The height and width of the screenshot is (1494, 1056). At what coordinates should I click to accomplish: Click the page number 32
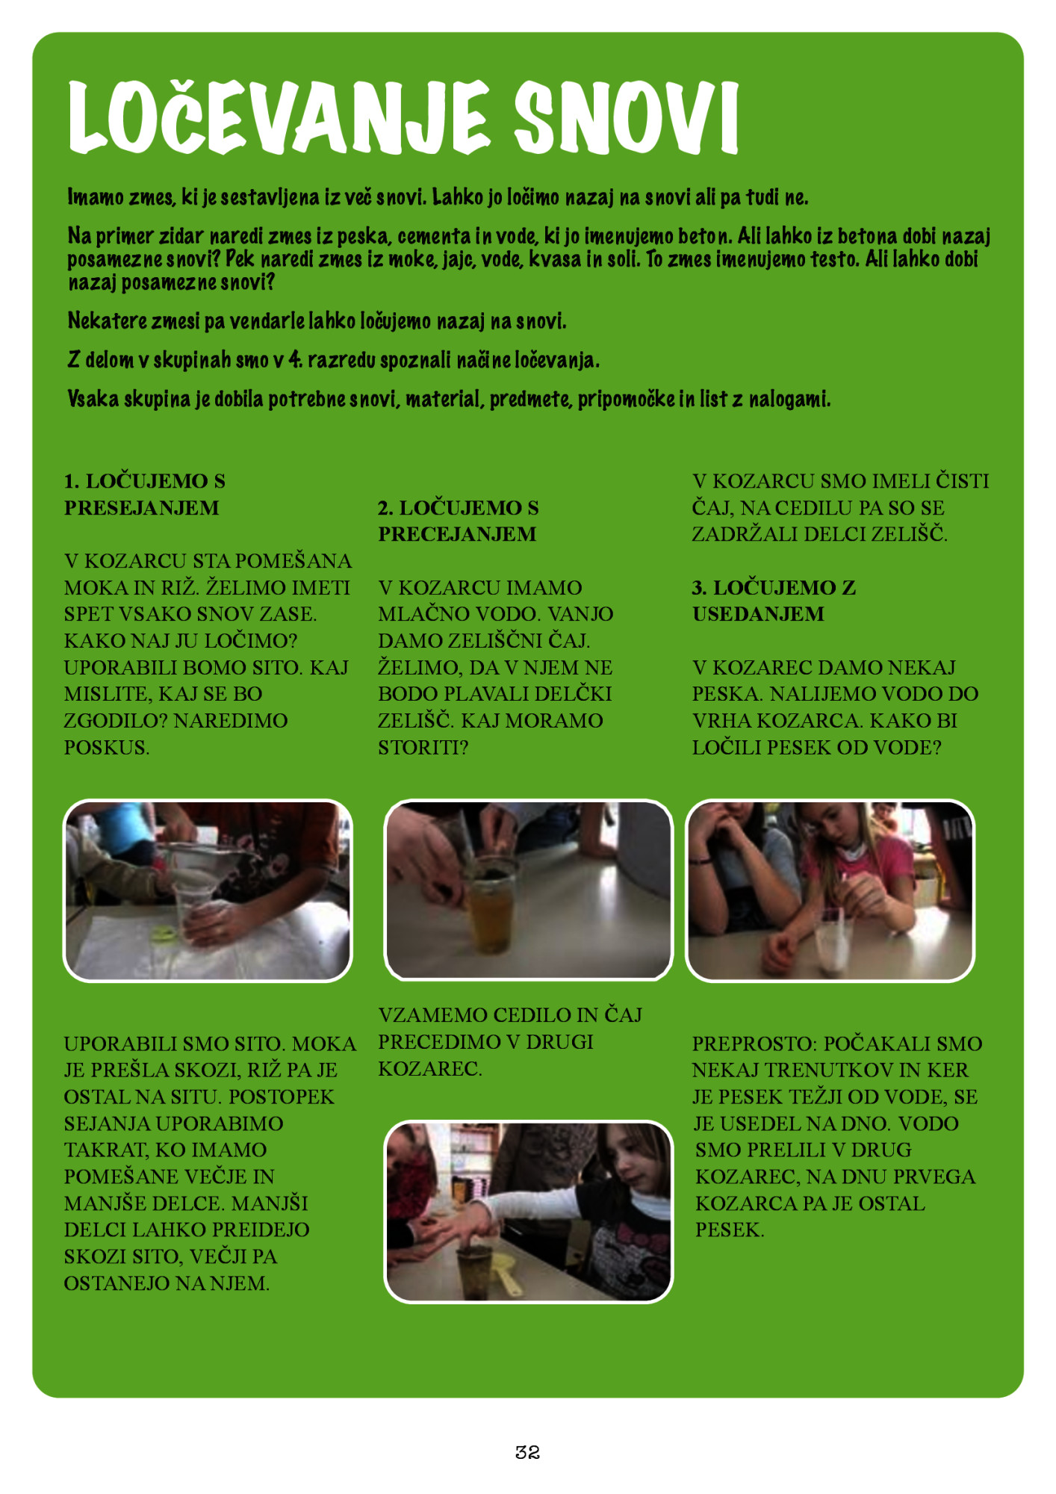(527, 1451)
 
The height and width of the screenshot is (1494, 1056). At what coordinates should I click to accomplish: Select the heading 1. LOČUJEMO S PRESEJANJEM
(145, 494)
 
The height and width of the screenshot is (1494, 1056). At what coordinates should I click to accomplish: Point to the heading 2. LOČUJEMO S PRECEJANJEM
(458, 521)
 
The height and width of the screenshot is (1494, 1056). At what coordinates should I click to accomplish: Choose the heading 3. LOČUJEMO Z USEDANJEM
(774, 601)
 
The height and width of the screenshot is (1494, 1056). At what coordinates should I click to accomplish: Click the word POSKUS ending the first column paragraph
(107, 747)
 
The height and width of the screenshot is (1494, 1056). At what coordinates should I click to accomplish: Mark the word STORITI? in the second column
(423, 747)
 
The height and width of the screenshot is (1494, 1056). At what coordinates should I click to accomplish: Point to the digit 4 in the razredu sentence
(296, 360)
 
